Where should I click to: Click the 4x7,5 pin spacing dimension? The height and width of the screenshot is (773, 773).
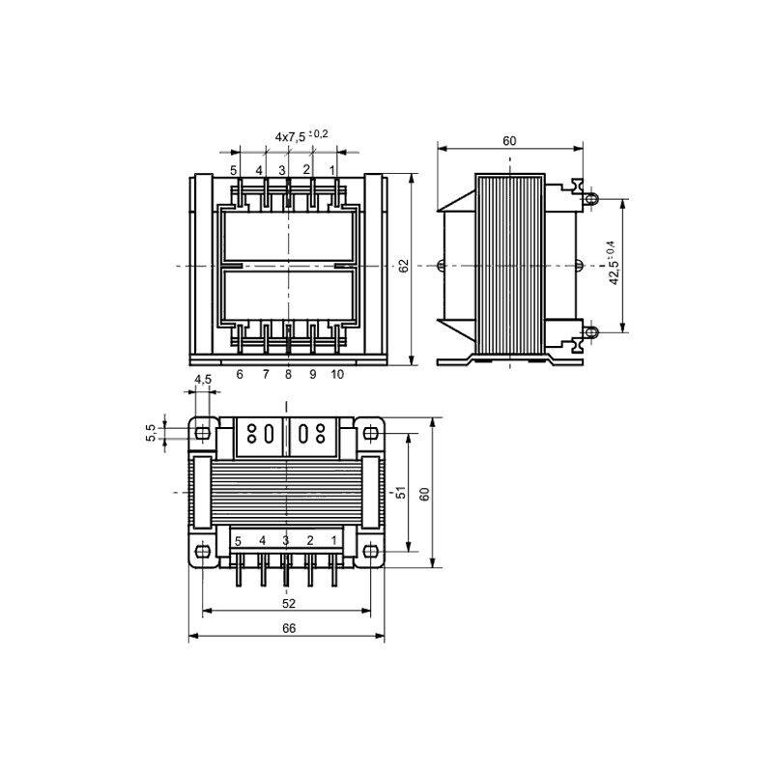tap(301, 135)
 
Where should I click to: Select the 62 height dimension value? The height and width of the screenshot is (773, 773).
tap(404, 266)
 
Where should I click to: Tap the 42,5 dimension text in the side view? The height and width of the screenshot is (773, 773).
tap(613, 263)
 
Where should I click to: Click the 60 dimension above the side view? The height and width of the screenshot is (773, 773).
tap(509, 141)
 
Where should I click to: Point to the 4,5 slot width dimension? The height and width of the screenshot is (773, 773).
tap(203, 379)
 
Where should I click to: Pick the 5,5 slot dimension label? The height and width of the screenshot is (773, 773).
tap(151, 433)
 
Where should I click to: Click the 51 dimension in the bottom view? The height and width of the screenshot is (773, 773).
tap(401, 492)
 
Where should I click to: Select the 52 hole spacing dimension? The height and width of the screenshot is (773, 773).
tap(289, 603)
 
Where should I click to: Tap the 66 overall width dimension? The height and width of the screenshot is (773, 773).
tap(289, 628)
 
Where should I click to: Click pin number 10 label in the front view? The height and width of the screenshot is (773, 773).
tap(337, 374)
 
